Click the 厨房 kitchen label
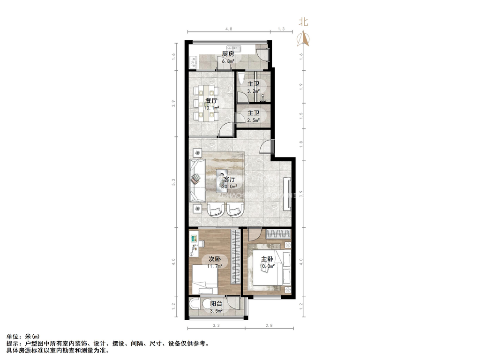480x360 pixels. coord(228,54)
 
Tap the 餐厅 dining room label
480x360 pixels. coord(211,101)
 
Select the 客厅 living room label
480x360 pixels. coord(229,179)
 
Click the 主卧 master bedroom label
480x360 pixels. coord(267,259)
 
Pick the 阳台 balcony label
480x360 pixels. coord(216,304)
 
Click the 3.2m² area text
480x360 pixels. coord(254,91)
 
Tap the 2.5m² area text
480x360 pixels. coord(254,120)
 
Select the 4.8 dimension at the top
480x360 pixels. coord(229,29)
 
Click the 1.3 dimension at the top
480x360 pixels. coord(281,29)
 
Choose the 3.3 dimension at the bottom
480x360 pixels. coord(216,325)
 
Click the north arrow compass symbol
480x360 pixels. coord(304,38)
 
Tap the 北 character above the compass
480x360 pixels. coord(304,22)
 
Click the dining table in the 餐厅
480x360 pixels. coord(207,103)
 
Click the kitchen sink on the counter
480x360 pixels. coord(233,48)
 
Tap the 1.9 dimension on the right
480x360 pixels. coord(301,86)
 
